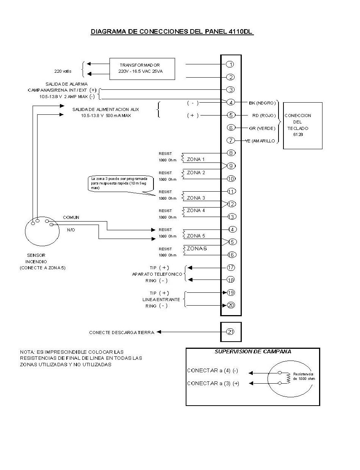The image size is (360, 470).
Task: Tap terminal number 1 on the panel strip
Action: coord(230,64)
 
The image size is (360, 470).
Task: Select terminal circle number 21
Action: coord(230,331)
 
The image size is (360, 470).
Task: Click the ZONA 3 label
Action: coord(196,198)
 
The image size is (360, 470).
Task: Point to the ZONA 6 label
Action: coord(197,248)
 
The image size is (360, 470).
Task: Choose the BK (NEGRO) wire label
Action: coord(262,103)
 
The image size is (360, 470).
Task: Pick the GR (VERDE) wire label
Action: coord(262,128)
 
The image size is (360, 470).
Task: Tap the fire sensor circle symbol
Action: coord(25,231)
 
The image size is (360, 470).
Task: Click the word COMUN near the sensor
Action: coord(71,217)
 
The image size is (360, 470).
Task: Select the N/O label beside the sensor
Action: coord(71,230)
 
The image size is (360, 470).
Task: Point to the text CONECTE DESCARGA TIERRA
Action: coord(122,333)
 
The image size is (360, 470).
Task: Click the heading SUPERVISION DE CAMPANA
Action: coord(253,351)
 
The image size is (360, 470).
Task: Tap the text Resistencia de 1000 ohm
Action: coord(304,376)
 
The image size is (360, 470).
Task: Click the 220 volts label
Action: coord(63,71)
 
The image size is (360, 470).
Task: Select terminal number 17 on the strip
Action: coord(231,267)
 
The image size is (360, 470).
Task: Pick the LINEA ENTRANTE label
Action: coord(161,300)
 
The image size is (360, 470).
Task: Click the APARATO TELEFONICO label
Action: coord(157,274)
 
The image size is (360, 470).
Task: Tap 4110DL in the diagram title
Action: coord(240,31)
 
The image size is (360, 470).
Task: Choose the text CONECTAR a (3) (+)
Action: coord(213,384)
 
